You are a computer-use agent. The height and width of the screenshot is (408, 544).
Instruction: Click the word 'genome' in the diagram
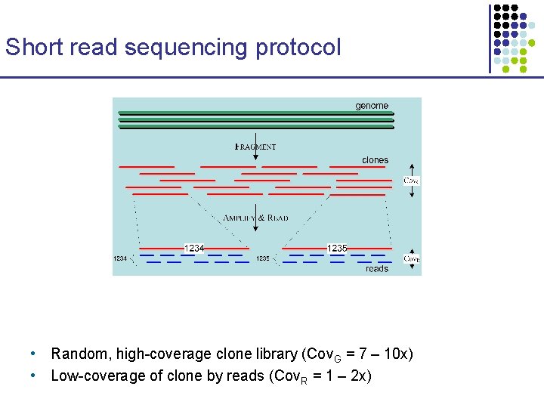372,106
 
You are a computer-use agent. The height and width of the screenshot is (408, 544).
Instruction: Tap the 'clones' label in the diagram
375,160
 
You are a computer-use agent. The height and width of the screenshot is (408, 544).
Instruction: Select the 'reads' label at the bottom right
376,268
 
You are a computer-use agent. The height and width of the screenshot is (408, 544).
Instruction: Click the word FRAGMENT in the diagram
255,147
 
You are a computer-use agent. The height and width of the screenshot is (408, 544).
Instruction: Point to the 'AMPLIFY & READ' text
255,218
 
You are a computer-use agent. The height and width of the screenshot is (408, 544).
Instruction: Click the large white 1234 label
194,248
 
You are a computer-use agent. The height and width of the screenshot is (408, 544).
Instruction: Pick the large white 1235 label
337,248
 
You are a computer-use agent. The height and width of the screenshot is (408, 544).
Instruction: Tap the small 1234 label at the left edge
120,258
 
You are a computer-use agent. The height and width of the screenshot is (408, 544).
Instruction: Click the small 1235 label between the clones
263,258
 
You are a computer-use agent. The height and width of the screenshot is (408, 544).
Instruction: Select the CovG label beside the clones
411,181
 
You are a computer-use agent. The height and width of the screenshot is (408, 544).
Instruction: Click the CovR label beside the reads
411,258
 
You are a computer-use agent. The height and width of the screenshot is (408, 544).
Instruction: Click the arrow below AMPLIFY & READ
256,231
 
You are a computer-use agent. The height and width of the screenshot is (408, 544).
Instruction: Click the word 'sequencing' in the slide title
186,48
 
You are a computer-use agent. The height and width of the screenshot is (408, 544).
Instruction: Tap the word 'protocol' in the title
297,48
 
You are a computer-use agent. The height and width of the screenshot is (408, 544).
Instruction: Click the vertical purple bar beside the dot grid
490,38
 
